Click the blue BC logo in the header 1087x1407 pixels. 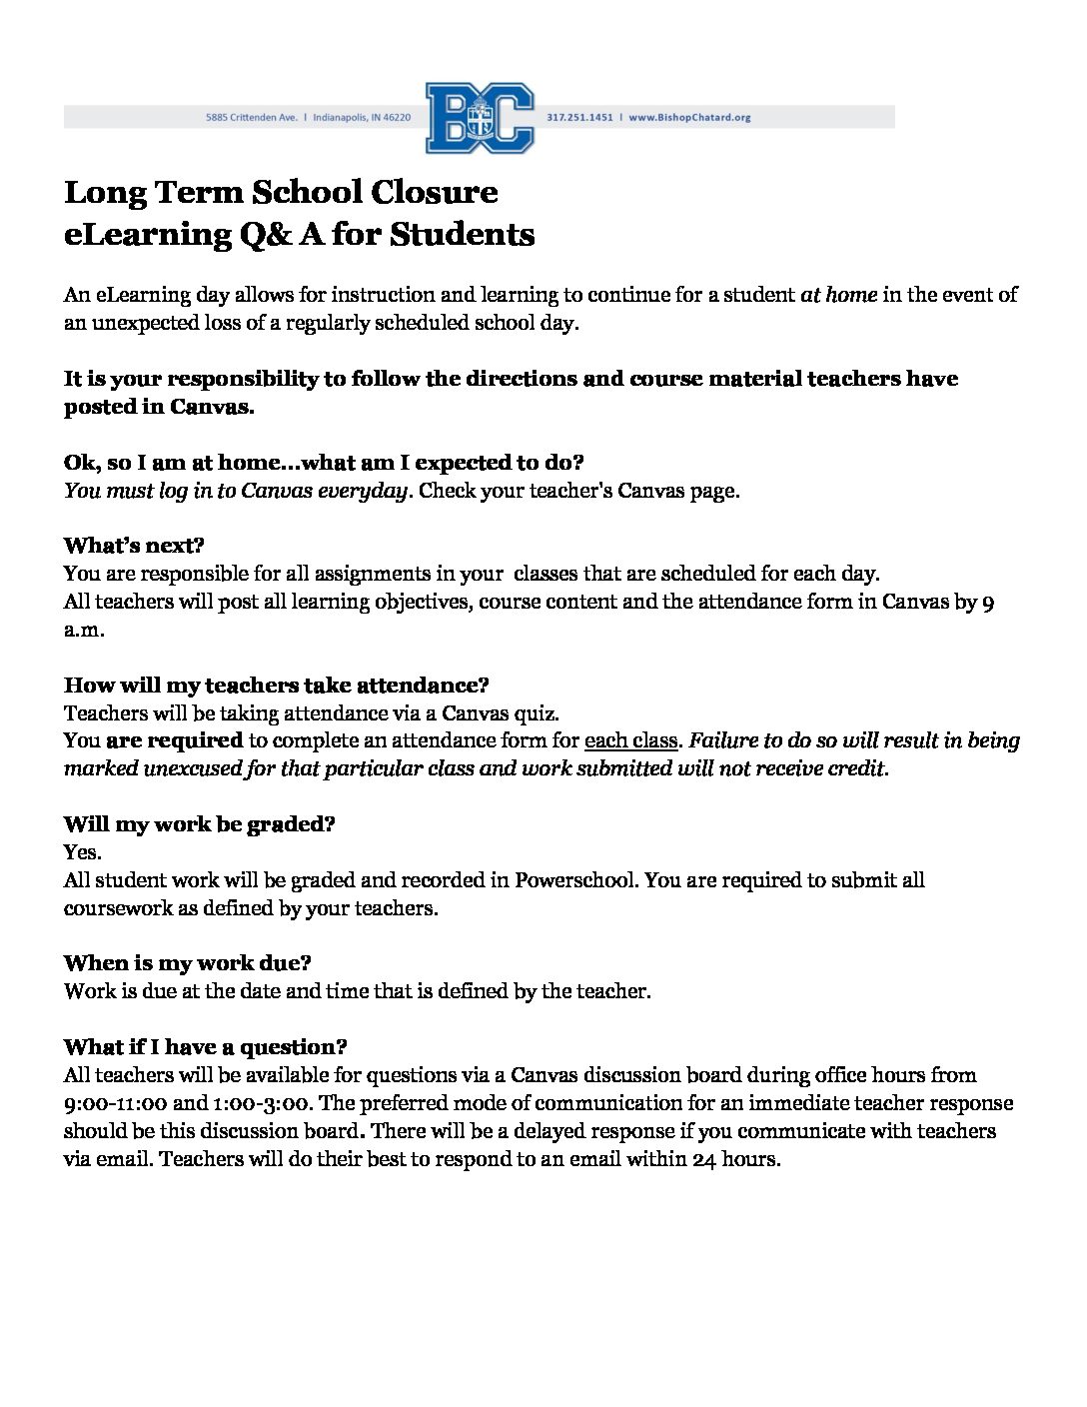tap(481, 118)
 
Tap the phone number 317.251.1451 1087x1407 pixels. tap(580, 117)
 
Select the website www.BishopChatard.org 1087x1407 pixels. tap(689, 117)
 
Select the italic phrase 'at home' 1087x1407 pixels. tap(839, 295)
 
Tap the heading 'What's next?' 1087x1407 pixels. tap(134, 546)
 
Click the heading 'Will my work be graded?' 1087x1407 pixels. tap(199, 824)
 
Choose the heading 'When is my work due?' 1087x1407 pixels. tap(188, 963)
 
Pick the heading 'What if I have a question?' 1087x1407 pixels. tap(205, 1047)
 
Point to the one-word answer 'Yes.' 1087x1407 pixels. tap(82, 852)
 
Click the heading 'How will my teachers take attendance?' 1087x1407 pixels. tap(276, 686)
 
